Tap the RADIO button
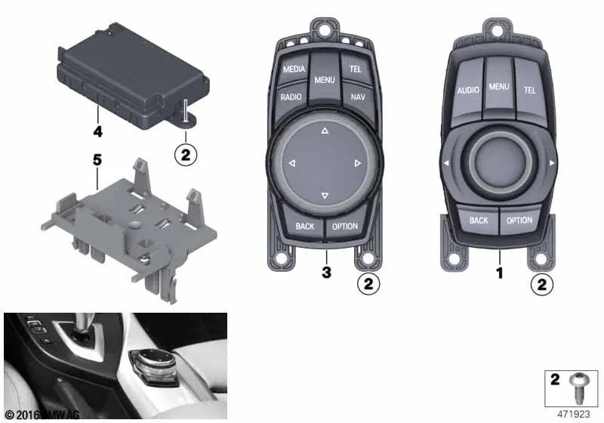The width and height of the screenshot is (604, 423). click(x=291, y=97)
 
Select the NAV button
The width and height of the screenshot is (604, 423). click(x=357, y=97)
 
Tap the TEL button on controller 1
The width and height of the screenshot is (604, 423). click(x=529, y=90)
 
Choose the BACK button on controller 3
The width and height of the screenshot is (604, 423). click(x=305, y=226)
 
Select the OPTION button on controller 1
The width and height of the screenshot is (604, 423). click(x=519, y=221)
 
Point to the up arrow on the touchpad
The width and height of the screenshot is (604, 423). click(x=325, y=131)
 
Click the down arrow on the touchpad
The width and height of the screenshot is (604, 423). click(x=325, y=196)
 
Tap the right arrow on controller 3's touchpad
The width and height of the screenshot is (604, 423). click(x=357, y=163)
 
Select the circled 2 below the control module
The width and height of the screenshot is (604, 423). click(x=185, y=155)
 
